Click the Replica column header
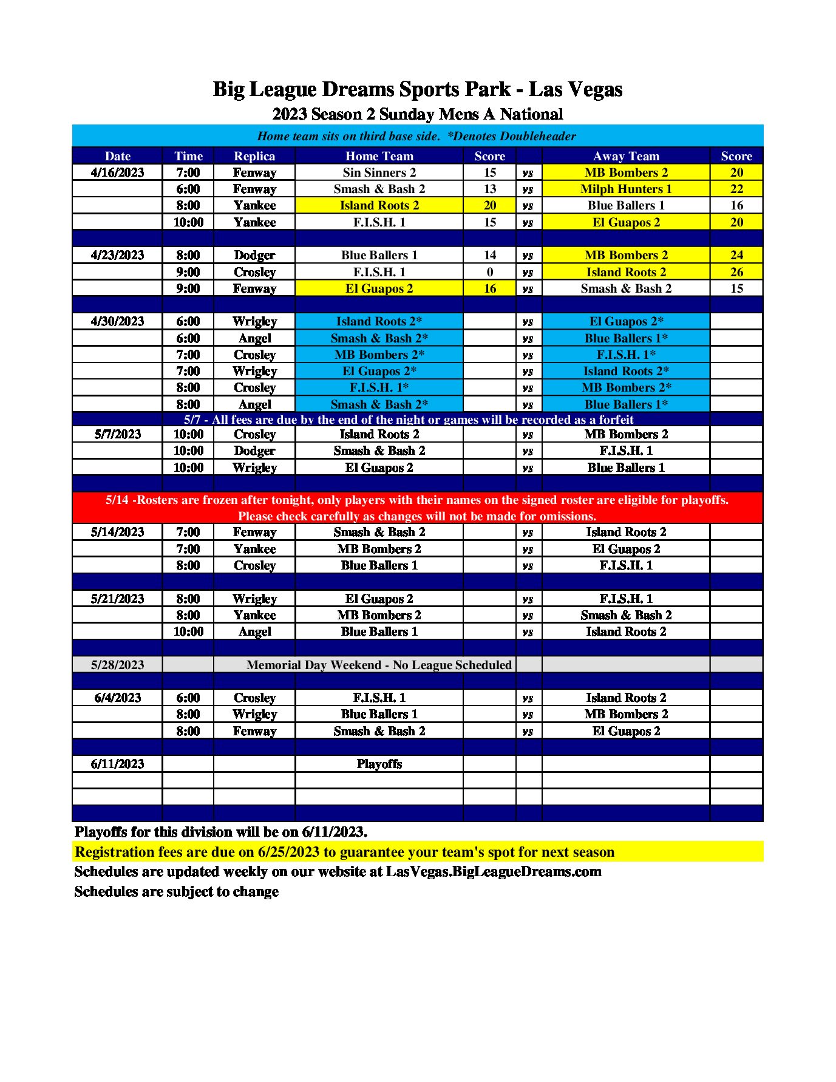[254, 156]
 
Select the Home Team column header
[379, 156]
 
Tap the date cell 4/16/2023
[117, 172]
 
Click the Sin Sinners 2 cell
[379, 172]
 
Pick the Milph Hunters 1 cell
[625, 189]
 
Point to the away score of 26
[736, 272]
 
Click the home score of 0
[489, 272]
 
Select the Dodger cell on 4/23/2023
[254, 255]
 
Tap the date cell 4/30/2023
[117, 321]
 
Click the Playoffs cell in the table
[379, 764]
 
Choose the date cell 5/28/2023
[117, 665]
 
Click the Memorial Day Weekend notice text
[379, 665]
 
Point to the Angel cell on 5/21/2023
[254, 631]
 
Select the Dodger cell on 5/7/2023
[254, 451]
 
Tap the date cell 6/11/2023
[117, 764]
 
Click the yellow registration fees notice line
[344, 852]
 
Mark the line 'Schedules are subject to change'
[176, 891]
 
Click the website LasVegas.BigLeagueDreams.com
[494, 872]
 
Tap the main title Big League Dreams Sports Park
[417, 89]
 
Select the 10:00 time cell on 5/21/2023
[188, 631]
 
